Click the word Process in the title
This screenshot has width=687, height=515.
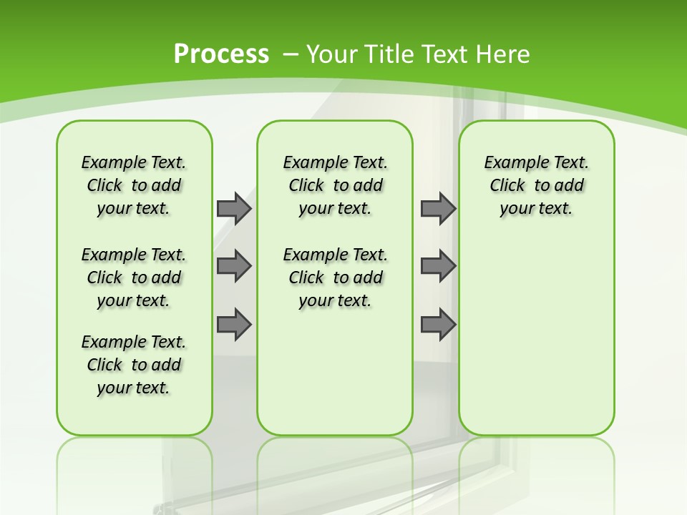pyautogui.click(x=221, y=54)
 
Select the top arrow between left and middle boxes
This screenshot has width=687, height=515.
pyautogui.click(x=234, y=208)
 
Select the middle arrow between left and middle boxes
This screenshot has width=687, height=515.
pyautogui.click(x=234, y=266)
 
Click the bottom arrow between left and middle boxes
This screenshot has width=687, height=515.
pyautogui.click(x=234, y=325)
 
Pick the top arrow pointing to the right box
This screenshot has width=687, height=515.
pyautogui.click(x=438, y=208)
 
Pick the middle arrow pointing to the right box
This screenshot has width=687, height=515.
pyautogui.click(x=438, y=266)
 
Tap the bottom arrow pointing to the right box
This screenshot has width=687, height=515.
pyautogui.click(x=438, y=325)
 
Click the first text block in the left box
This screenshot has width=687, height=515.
pyautogui.click(x=134, y=185)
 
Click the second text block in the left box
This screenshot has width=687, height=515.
pyautogui.click(x=134, y=278)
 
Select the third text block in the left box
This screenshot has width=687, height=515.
pyautogui.click(x=134, y=365)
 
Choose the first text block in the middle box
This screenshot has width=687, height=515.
pyautogui.click(x=335, y=185)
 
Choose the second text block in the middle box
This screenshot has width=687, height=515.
pyautogui.click(x=335, y=278)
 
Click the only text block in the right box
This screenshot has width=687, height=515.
pyautogui.click(x=536, y=185)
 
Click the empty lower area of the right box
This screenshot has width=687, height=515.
pyautogui.click(x=536, y=343)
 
